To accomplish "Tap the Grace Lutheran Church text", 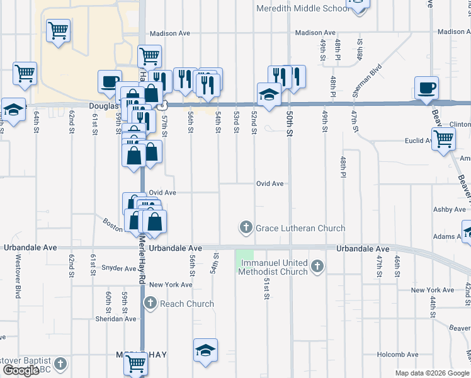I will (300, 228).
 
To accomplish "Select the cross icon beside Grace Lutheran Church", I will (246, 227).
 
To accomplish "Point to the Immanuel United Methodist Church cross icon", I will (317, 266).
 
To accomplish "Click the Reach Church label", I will (187, 304).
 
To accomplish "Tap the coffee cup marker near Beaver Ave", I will (427, 88).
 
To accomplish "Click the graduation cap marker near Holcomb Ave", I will (205, 350).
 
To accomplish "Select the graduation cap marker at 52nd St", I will (269, 94).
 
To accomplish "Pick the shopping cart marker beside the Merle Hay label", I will (137, 363).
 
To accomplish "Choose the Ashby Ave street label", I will (449, 209).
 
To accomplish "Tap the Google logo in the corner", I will (21, 371).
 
